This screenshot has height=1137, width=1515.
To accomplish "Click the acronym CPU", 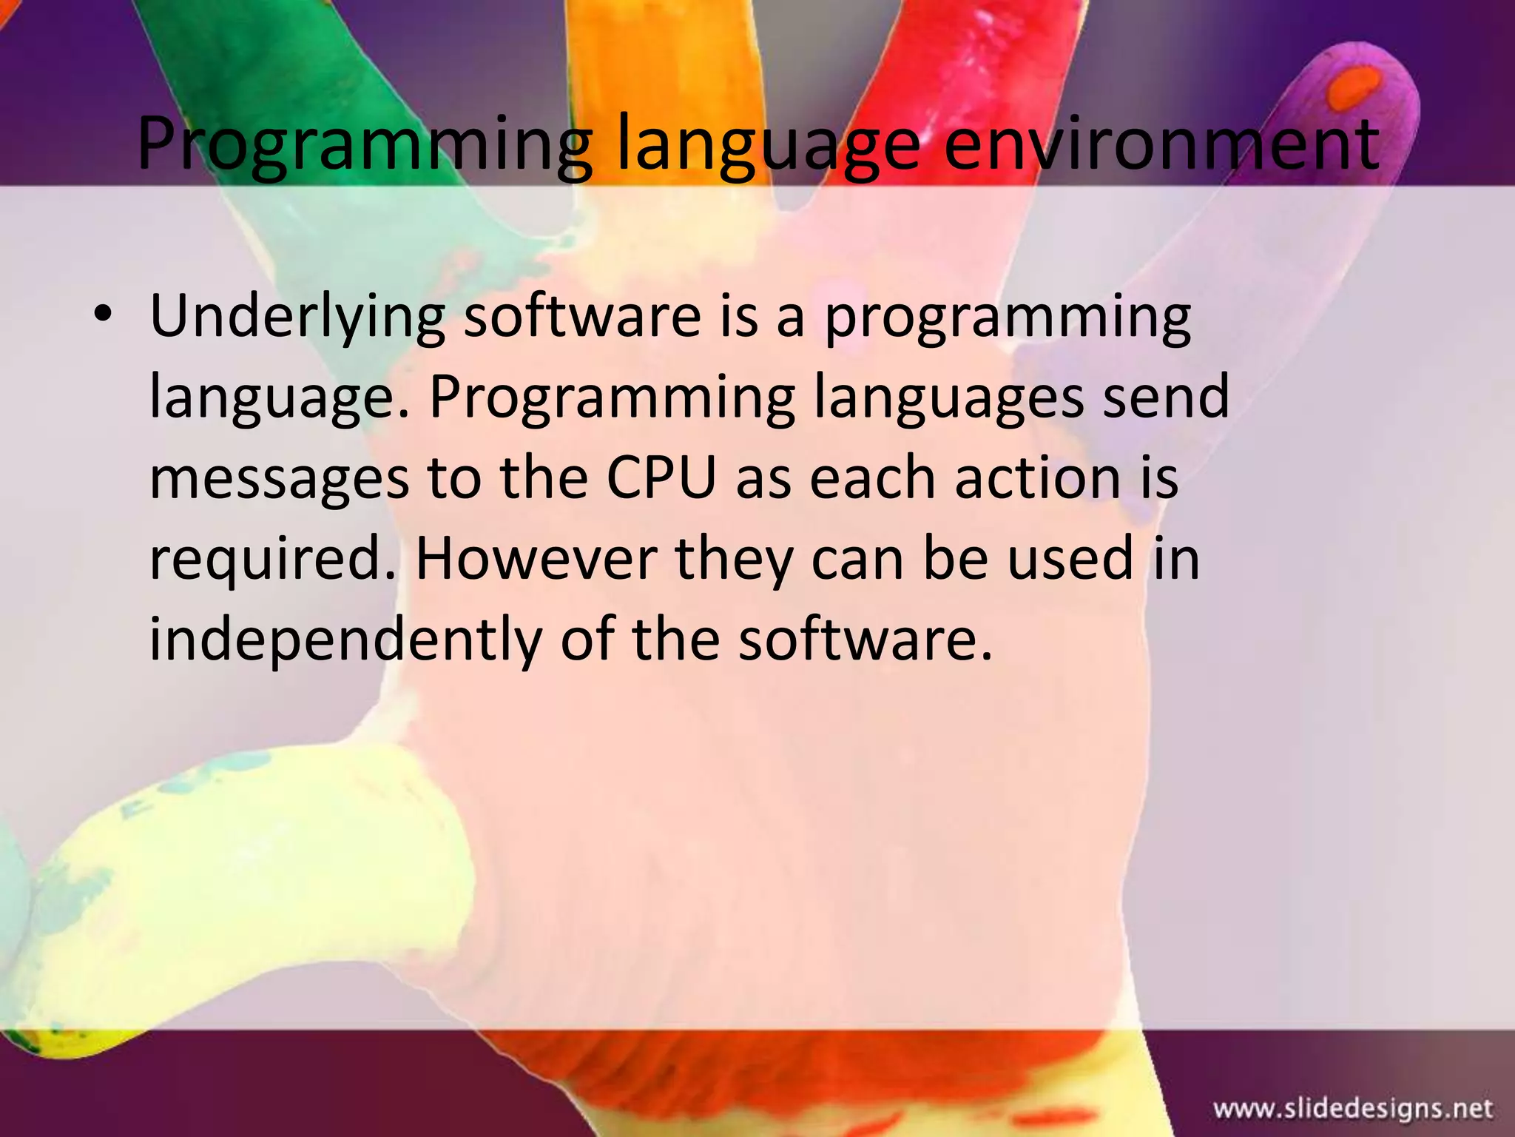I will pyautogui.click(x=661, y=477).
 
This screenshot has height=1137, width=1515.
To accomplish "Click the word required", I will pyautogui.click(x=274, y=560).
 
